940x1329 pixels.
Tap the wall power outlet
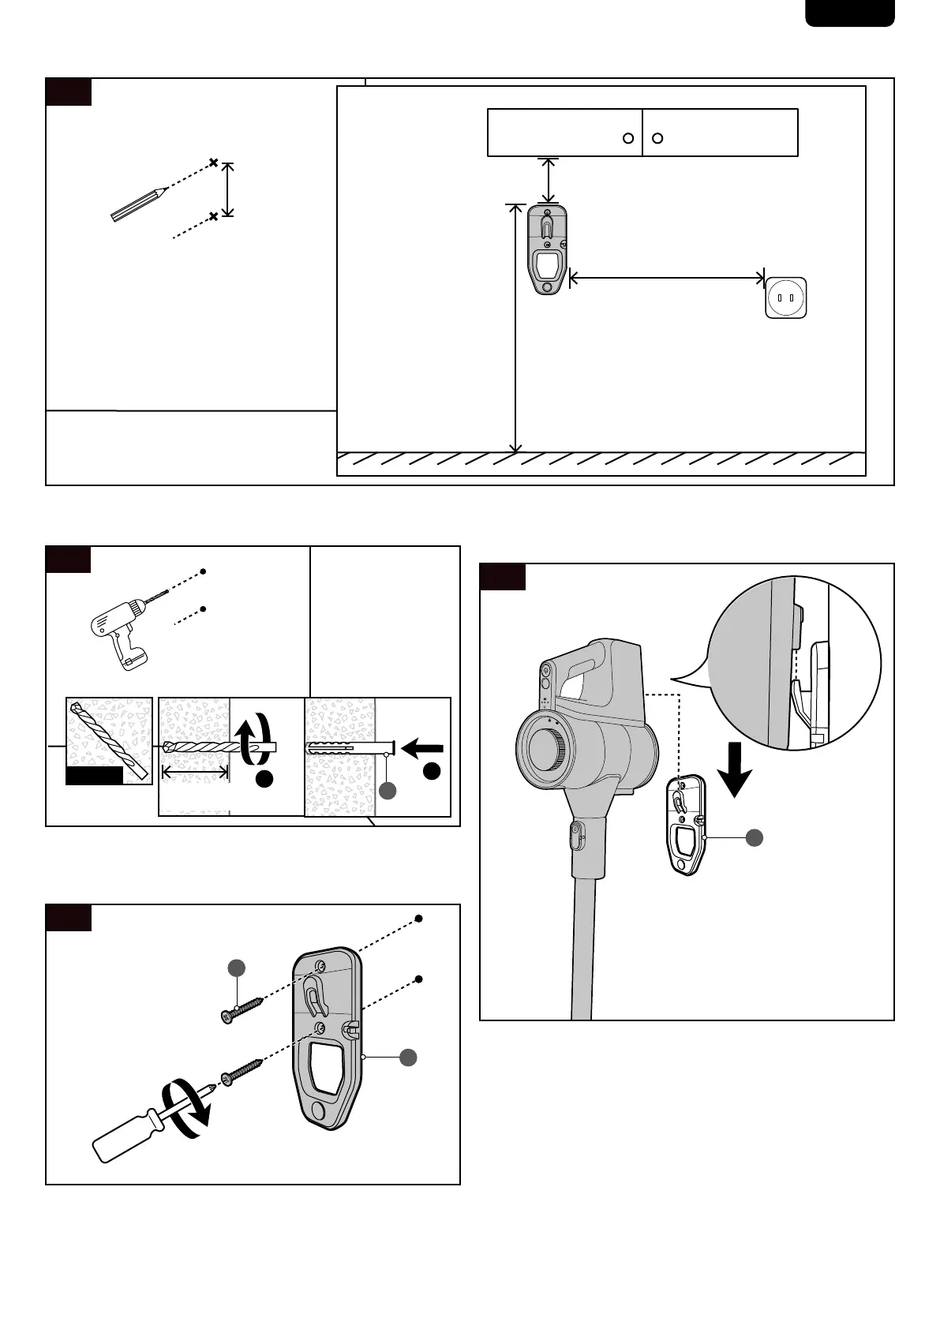pos(785,298)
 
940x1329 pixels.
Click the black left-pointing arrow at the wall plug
pos(423,746)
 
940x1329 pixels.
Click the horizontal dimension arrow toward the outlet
pos(667,277)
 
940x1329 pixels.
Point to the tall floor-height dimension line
pos(515,328)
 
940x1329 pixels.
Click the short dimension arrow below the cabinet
pos(548,181)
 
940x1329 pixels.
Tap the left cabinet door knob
pos(628,138)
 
